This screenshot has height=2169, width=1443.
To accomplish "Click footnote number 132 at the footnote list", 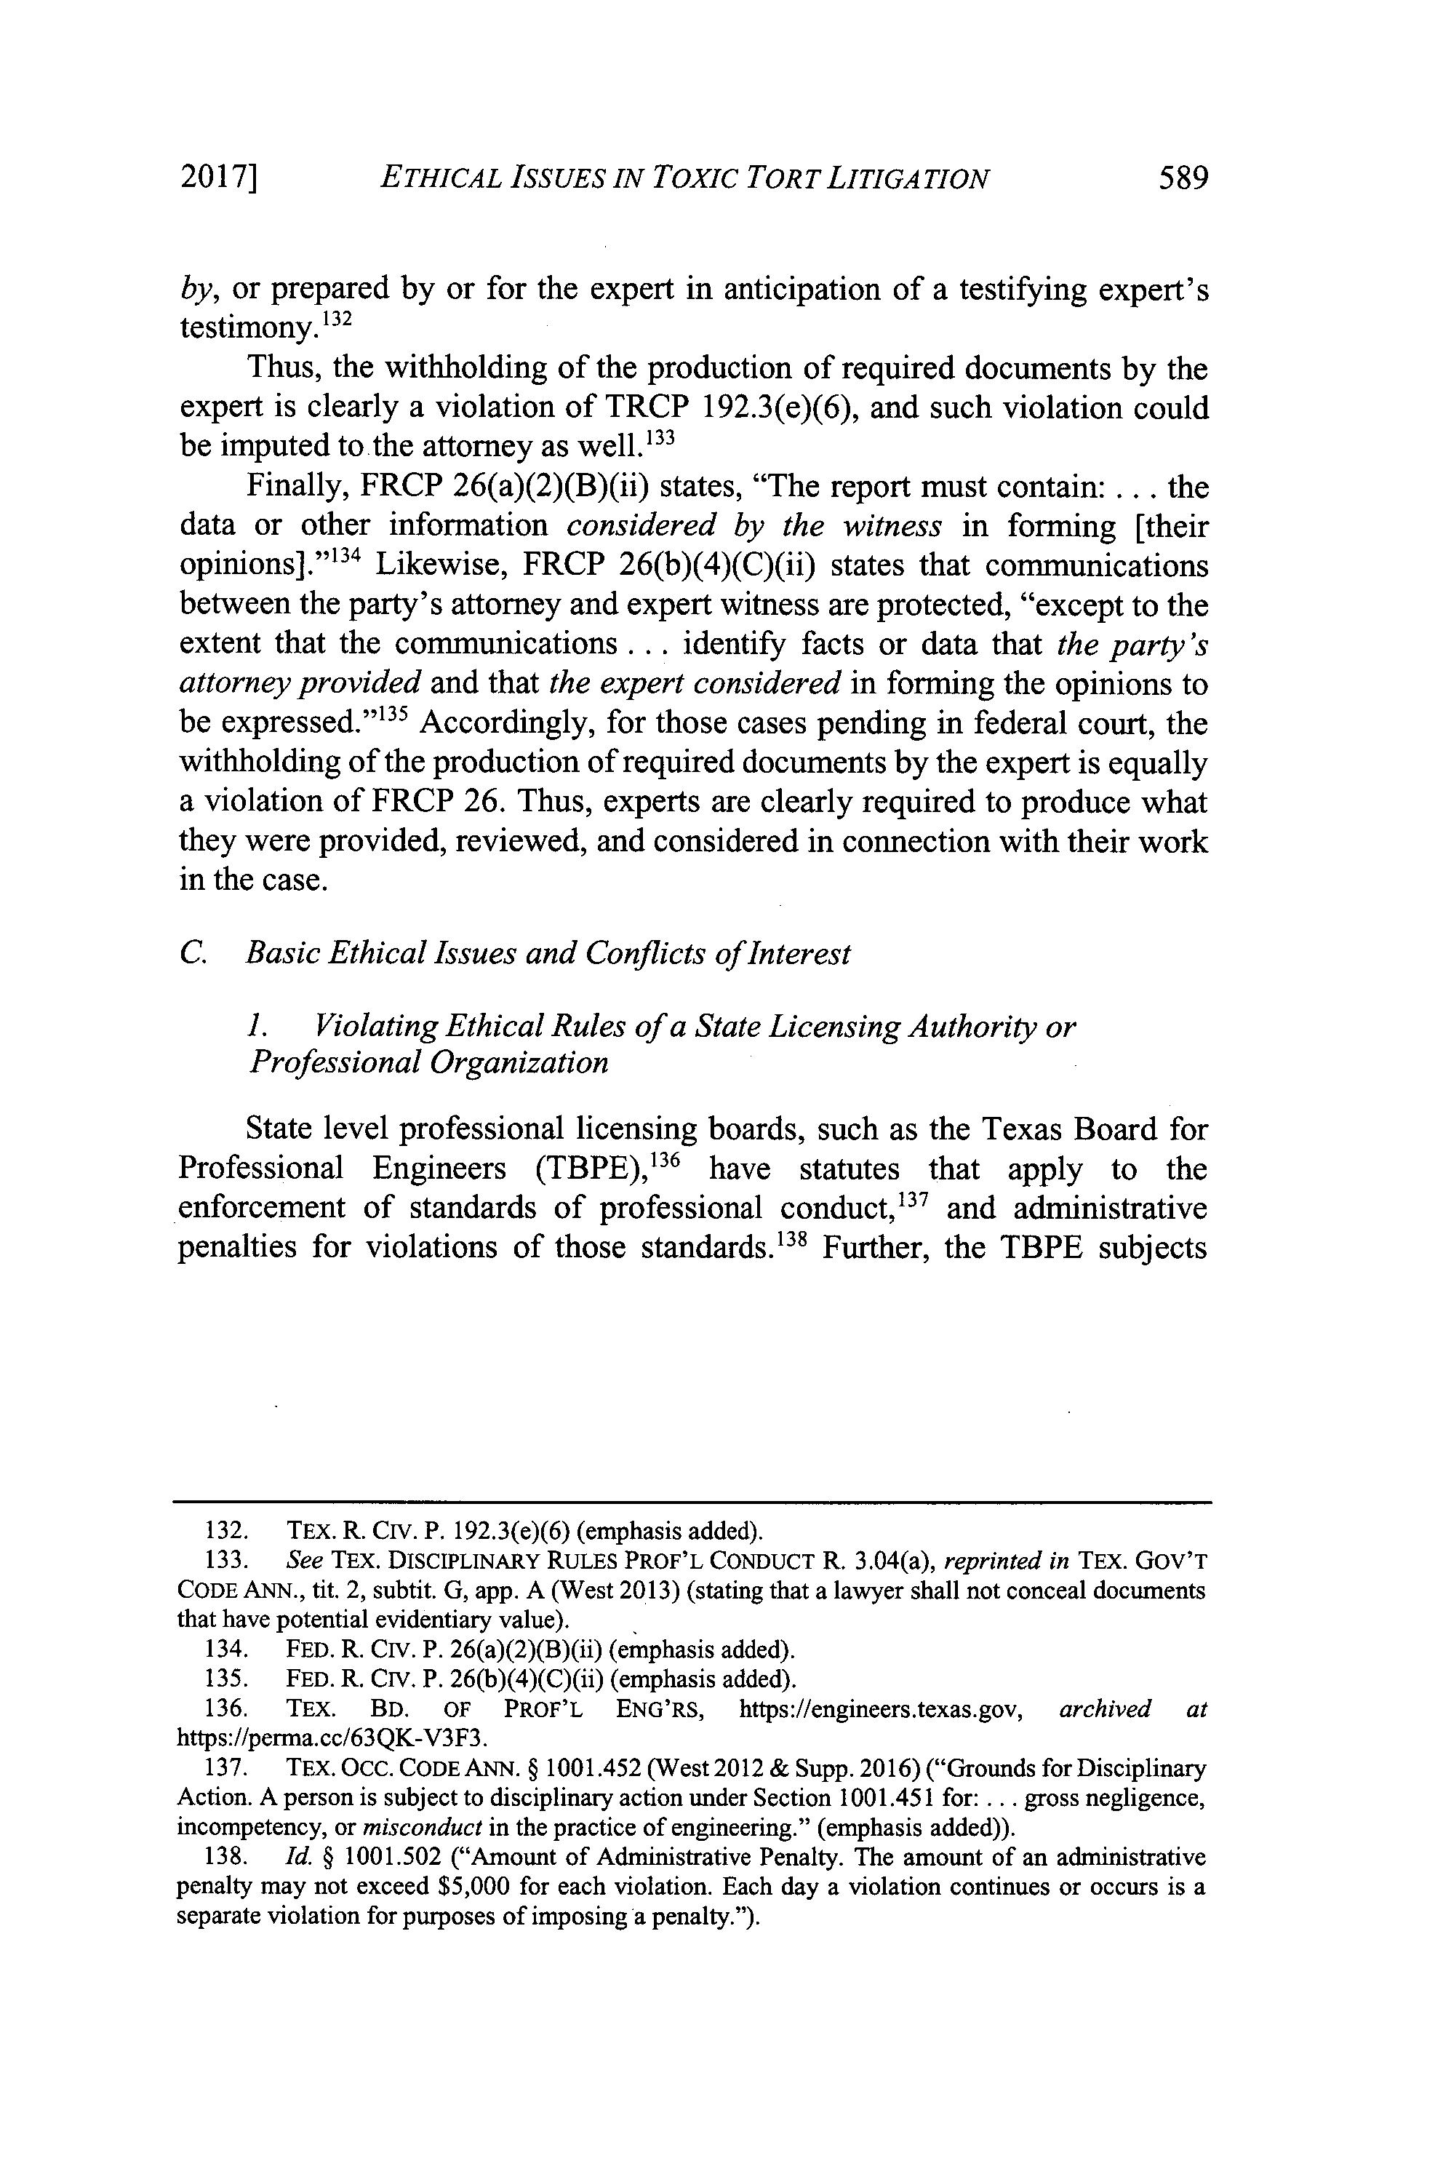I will (x=222, y=1531).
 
